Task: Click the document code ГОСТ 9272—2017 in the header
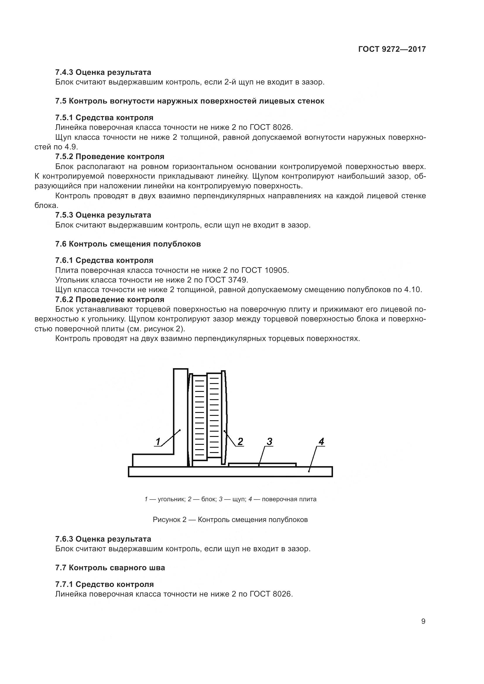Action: click(x=392, y=49)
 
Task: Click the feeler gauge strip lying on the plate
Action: click(x=262, y=465)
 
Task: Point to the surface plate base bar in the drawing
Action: click(x=230, y=472)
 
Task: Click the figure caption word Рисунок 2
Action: click(x=169, y=520)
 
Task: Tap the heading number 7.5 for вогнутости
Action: click(x=61, y=101)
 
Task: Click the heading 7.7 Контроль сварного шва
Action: click(x=110, y=568)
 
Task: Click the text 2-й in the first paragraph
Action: click(x=228, y=82)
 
